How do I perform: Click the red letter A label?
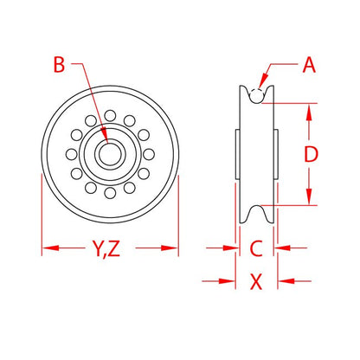309,65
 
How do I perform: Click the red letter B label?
59,65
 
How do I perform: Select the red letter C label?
256,248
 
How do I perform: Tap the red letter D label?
311,154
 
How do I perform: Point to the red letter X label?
256,281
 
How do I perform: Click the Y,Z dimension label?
106,248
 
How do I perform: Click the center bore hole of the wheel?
110,154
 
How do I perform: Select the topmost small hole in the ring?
110,115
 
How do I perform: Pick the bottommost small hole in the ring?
110,193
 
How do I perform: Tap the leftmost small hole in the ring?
71,154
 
